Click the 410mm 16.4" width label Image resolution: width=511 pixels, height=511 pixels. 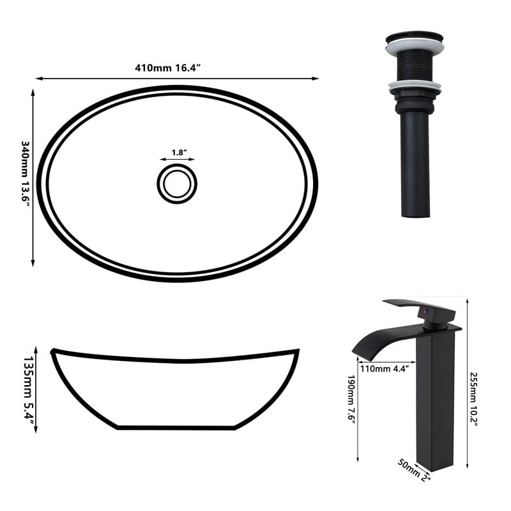pyautogui.click(x=167, y=68)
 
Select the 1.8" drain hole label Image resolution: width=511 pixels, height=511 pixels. pyautogui.click(x=179, y=153)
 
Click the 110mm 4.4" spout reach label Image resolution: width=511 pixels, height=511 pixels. pyautogui.click(x=385, y=369)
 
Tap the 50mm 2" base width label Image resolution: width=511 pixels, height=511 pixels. pyautogui.click(x=414, y=469)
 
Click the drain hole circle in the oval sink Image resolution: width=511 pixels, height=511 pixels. pyautogui.click(x=177, y=164)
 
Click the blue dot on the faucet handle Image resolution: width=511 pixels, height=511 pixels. pyautogui.click(x=425, y=312)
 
